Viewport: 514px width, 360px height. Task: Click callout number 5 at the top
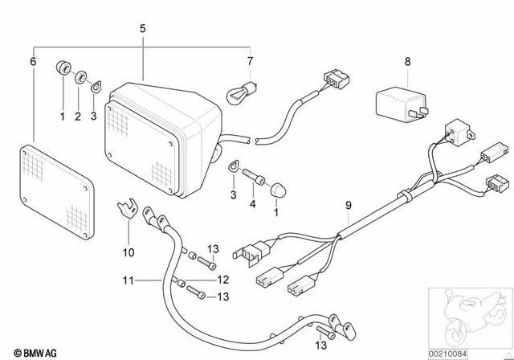click(x=142, y=29)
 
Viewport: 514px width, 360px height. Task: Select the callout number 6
click(x=33, y=61)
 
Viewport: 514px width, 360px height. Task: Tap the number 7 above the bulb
click(x=250, y=61)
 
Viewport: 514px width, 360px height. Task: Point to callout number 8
click(x=407, y=61)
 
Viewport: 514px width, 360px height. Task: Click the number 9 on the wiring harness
click(x=347, y=206)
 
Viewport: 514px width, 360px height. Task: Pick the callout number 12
click(x=223, y=280)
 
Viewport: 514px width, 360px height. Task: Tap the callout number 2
click(x=79, y=117)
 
